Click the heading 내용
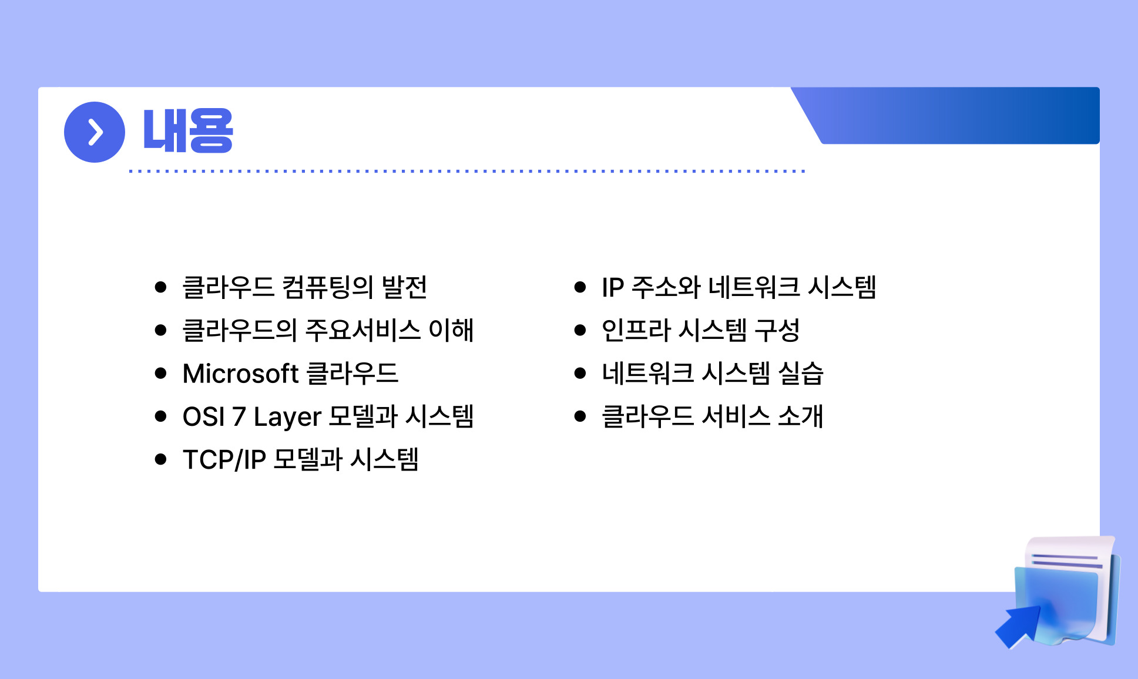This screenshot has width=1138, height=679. [188, 131]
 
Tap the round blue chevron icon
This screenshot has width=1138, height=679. [95, 132]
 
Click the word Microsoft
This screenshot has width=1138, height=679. [241, 374]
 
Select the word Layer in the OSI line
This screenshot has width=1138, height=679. [287, 417]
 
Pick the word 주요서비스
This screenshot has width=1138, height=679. [362, 330]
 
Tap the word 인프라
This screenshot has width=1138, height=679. [636, 330]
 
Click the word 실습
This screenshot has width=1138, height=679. [801, 374]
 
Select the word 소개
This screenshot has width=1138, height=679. [801, 416]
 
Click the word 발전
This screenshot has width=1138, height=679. [404, 287]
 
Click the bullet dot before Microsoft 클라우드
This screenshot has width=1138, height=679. [161, 374]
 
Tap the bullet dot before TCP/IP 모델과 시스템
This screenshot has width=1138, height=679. [161, 459]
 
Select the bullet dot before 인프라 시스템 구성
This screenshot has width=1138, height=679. [580, 330]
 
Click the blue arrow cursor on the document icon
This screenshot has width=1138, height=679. [1018, 626]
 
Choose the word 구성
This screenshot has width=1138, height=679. [777, 330]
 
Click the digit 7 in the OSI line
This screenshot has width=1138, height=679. [239, 417]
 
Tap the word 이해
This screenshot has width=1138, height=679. [451, 330]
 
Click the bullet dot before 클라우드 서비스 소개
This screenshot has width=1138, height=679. [580, 416]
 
